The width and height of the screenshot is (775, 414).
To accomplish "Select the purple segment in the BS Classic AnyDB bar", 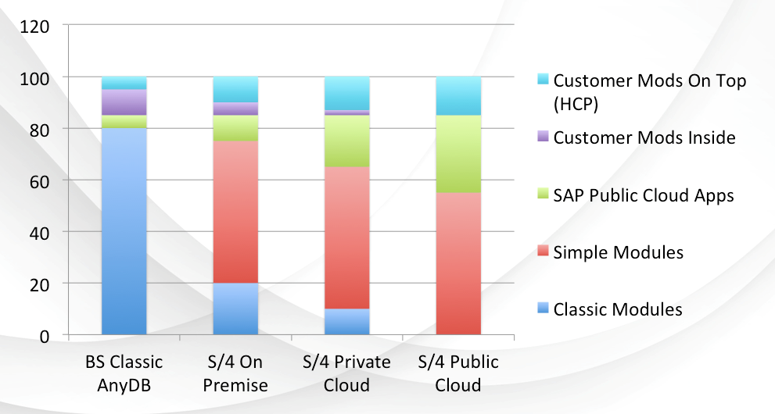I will coord(124,102).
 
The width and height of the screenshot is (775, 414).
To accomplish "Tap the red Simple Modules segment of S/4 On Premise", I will coord(235,212).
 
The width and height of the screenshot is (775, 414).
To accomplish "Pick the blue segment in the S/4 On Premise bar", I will coord(235,309).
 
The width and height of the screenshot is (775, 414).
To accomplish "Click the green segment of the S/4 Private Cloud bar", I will coord(347,141).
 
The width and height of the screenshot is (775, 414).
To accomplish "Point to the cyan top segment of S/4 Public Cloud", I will coord(458,96).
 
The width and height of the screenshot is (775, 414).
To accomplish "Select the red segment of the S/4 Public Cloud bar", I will coord(458,264).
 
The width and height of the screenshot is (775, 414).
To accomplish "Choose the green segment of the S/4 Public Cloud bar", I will coord(458,154).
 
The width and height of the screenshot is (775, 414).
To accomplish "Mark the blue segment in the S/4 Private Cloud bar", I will coord(347,322).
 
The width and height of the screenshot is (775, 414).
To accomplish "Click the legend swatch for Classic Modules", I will coord(540,309).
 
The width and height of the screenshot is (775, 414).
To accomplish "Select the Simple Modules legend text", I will coord(619,252).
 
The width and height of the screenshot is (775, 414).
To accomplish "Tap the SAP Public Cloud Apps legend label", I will coord(644,195).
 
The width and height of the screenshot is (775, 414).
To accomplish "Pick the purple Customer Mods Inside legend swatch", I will coord(540,138).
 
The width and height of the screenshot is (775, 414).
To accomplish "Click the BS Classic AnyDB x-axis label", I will coord(124,373).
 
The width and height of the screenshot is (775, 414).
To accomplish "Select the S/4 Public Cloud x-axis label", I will coord(458,373).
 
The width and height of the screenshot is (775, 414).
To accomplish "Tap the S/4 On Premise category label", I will coord(235,373).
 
